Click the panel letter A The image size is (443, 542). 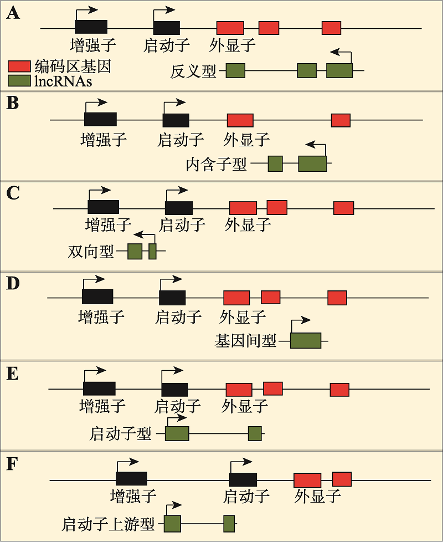tap(13, 13)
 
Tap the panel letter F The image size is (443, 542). tap(12, 464)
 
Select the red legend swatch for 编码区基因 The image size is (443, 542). tap(19, 67)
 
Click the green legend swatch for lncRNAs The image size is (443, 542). tap(19, 81)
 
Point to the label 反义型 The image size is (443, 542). tap(193, 71)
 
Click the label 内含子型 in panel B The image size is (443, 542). tap(216, 164)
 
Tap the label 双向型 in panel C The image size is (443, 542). tap(91, 251)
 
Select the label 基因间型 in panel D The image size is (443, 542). tap(245, 341)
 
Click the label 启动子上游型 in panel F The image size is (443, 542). tap(108, 524)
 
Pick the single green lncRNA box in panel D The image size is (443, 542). tap(306, 340)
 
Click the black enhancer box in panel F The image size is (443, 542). tap(131, 478)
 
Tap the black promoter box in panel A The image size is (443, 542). tap(167, 28)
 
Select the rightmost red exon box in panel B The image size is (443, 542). tap(341, 120)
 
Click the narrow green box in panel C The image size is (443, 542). tap(152, 251)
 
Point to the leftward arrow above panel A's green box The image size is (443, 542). tap(341, 55)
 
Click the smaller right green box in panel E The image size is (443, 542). tap(255, 433)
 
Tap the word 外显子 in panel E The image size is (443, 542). tap(244, 406)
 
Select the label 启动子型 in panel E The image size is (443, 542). tap(121, 433)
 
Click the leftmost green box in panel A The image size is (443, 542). tap(235, 70)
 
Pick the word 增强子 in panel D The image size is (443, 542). tap(101, 316)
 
